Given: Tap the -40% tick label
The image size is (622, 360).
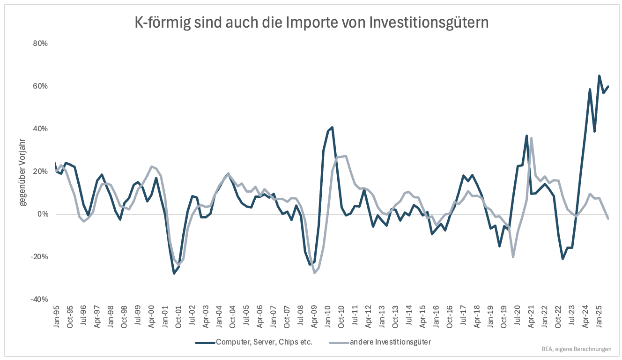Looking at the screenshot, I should [x=40, y=300].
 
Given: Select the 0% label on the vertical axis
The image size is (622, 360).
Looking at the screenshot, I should [x=43, y=214].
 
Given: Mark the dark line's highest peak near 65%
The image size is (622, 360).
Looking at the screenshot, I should [x=599, y=75].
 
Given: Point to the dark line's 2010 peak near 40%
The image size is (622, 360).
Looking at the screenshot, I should [x=332, y=127].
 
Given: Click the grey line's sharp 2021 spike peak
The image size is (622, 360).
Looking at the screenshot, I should [x=531, y=138].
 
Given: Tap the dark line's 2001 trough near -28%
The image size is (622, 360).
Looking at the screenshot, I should [x=174, y=273].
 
